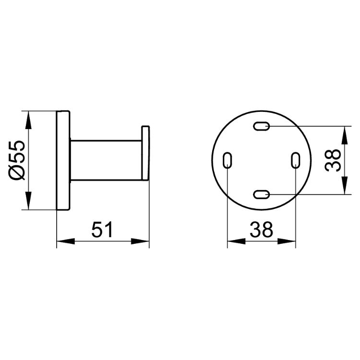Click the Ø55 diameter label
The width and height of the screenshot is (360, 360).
(x=17, y=160)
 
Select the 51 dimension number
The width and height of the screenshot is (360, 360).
(x=102, y=229)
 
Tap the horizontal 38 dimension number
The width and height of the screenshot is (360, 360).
(x=262, y=229)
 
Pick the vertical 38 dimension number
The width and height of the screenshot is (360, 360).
(x=333, y=160)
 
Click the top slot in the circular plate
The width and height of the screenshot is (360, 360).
(x=261, y=126)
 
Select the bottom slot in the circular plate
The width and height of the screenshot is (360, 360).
(x=261, y=194)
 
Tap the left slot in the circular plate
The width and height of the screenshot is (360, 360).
(x=228, y=160)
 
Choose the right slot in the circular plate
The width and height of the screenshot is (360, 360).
(x=296, y=160)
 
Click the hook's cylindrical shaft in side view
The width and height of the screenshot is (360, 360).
(x=106, y=160)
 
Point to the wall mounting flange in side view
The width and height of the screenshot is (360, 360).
(x=63, y=160)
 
